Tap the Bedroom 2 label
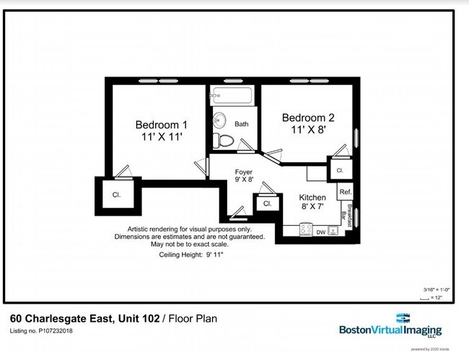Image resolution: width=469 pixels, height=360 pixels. pos(308,123)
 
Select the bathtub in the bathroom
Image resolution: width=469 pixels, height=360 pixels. pos(230,95)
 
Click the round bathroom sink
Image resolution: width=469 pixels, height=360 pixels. pos(219,120)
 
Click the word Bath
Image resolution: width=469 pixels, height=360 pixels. pos(241,124)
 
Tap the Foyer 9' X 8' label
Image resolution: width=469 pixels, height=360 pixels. pos(244,175)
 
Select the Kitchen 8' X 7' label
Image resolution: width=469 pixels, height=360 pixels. pos(312,202)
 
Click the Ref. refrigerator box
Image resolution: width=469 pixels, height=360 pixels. pos(345,192)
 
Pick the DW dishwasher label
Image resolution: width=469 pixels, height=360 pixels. pos(320,232)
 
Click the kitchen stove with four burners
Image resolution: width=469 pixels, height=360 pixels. pos(334,231)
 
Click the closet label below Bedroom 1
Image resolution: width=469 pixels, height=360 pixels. pos(115,195)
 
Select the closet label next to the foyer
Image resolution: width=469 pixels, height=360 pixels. pos(267,204)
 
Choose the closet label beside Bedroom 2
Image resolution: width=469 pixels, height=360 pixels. pos(339,171)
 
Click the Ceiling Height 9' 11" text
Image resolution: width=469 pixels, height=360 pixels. pos(190,255)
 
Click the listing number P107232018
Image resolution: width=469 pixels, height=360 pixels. pos(41,331)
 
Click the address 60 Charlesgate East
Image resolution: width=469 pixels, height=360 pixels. pos(61,318)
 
